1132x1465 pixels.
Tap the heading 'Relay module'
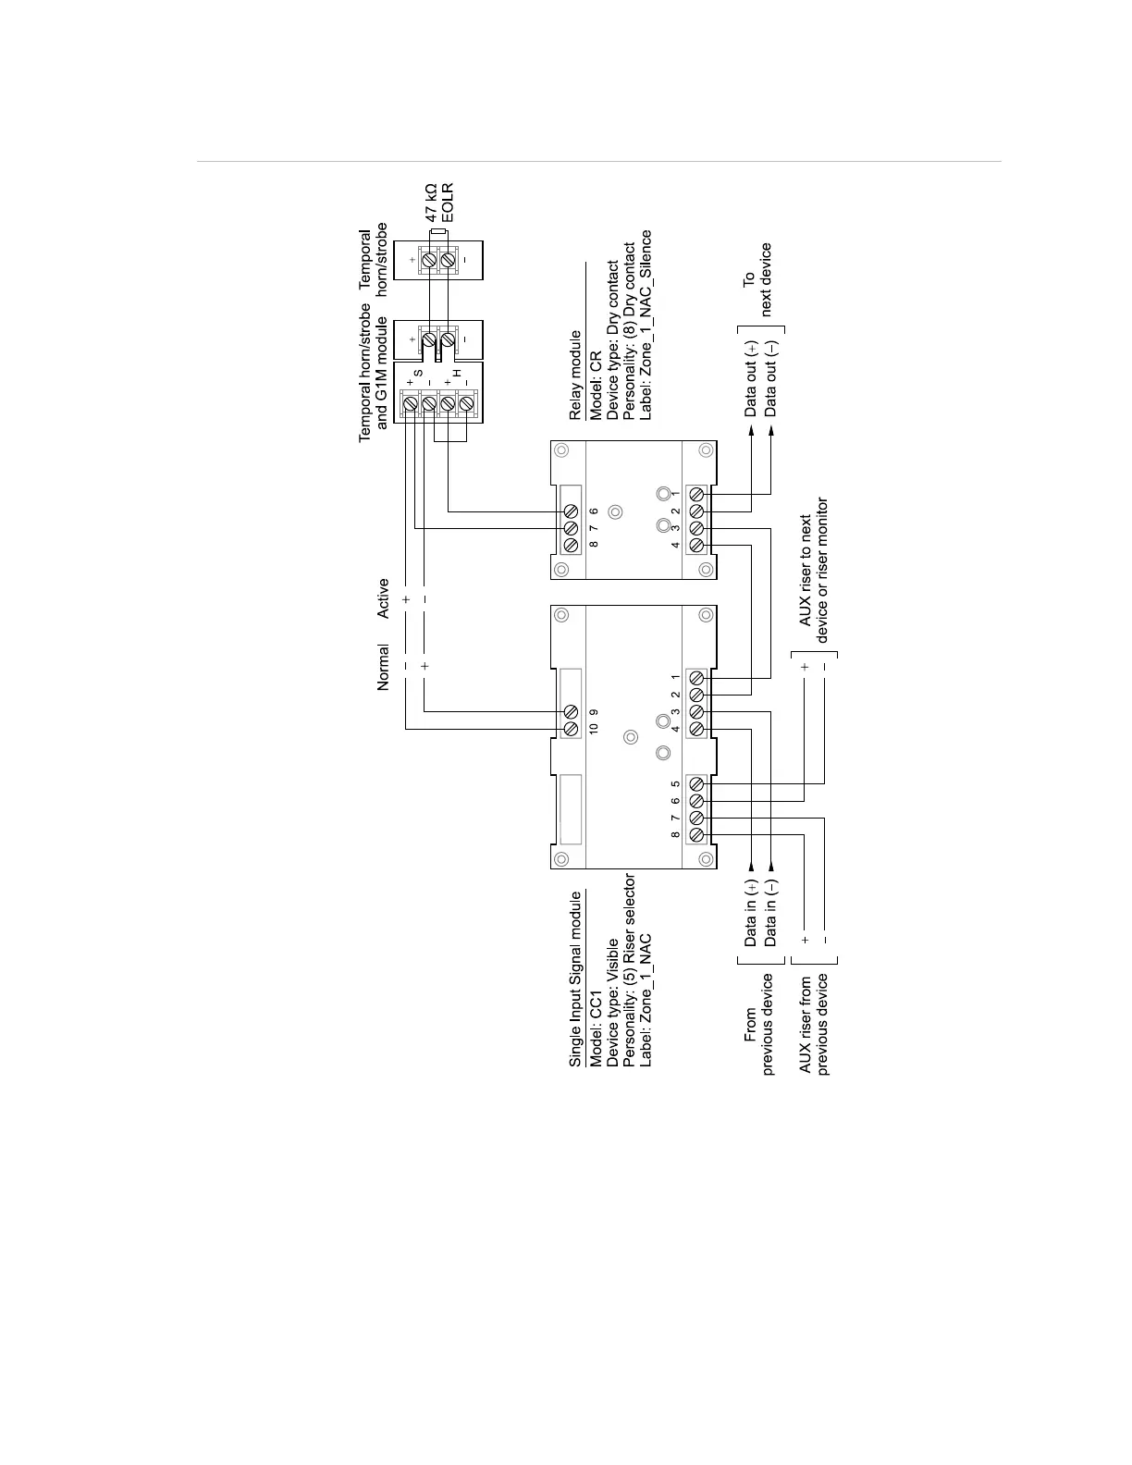point(575,375)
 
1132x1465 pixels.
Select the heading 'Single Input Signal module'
point(575,979)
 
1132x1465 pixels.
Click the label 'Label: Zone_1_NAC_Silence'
point(646,325)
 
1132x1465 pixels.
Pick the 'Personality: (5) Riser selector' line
point(630,970)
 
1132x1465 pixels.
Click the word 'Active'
point(383,598)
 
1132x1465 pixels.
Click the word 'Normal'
point(383,667)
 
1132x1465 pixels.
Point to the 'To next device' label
point(757,279)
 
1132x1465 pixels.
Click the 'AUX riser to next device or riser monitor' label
point(814,571)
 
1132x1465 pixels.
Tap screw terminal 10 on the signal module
point(572,729)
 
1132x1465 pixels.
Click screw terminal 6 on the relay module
point(572,511)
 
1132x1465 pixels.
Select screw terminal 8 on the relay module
point(572,545)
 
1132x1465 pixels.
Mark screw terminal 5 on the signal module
point(696,784)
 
